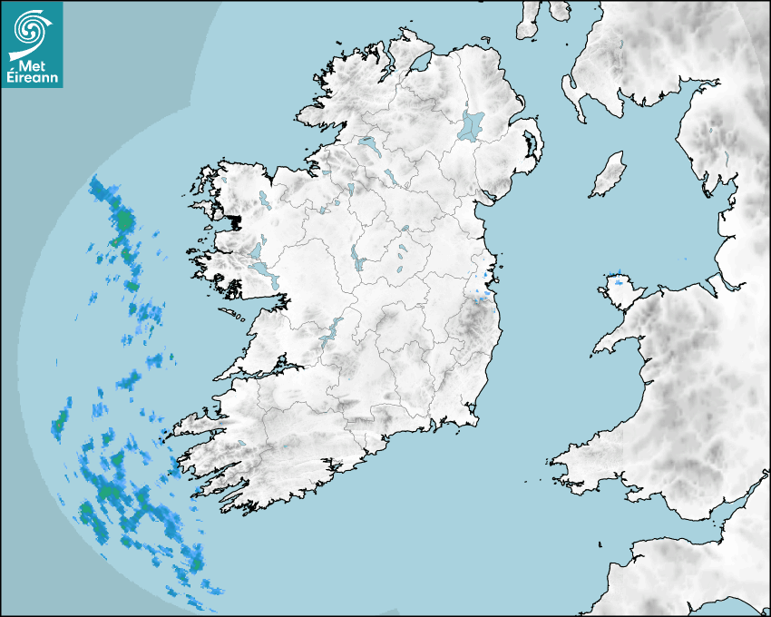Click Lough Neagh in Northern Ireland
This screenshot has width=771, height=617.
coord(472,125)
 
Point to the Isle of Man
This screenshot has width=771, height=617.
coord(609,174)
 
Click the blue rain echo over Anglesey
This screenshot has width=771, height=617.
coord(620,281)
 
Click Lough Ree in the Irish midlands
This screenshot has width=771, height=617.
coord(356,259)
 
